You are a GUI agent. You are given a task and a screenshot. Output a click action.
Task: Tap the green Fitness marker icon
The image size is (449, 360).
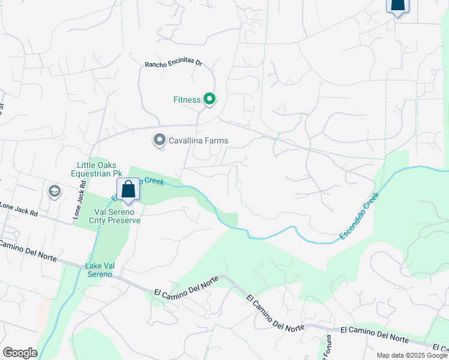209,99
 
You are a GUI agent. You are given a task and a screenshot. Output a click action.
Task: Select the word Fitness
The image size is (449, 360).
187,100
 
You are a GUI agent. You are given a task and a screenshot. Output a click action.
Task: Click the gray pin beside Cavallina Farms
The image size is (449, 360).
159,140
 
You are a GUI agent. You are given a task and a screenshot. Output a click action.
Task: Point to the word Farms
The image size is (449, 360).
216,140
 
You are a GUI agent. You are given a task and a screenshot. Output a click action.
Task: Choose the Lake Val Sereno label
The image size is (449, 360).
98,270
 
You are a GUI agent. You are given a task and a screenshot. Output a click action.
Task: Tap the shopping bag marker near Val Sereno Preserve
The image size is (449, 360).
128,189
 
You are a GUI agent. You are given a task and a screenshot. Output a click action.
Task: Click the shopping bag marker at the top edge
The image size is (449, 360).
397,5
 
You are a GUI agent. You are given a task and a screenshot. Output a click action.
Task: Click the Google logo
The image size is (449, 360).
20,353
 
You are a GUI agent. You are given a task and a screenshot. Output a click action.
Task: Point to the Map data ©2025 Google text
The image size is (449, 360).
412,355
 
